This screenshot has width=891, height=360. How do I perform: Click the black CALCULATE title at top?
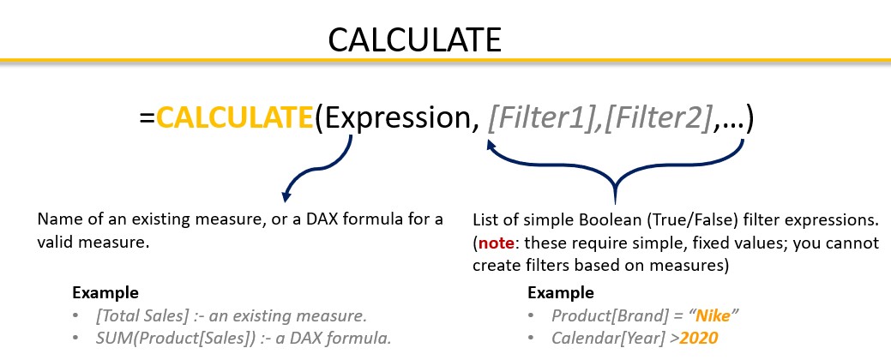[x=415, y=39]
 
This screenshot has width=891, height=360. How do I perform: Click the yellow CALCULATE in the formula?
[x=234, y=118]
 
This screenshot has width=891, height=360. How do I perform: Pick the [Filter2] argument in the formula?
[x=658, y=119]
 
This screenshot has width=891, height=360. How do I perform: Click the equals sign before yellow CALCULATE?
[x=147, y=120]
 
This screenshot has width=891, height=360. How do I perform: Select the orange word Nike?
[x=713, y=315]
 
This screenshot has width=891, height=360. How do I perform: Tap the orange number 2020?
[x=699, y=339]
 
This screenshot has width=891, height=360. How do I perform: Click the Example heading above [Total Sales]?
[x=105, y=293]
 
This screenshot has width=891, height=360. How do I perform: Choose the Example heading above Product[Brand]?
[x=561, y=293]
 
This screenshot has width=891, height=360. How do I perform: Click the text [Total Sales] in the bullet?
[x=142, y=315]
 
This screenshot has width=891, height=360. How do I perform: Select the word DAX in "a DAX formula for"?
[x=328, y=219]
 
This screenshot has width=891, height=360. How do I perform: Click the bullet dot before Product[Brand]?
[x=532, y=315]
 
